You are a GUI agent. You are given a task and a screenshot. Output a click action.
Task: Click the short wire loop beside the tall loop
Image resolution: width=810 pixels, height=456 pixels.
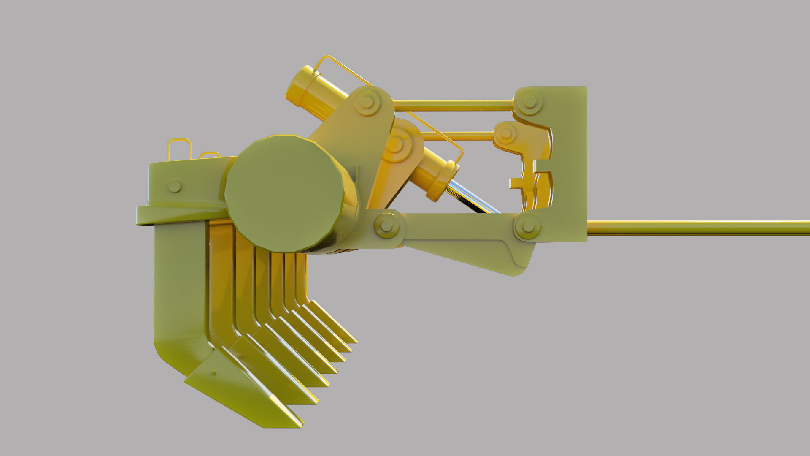[x=210, y=155]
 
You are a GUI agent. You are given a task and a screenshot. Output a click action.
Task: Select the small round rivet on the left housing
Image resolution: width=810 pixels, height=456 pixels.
[x=174, y=186]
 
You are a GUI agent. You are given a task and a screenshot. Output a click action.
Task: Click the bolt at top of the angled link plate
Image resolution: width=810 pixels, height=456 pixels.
[x=367, y=102]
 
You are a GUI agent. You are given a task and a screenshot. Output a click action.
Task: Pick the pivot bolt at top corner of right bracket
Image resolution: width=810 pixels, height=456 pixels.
[x=528, y=102]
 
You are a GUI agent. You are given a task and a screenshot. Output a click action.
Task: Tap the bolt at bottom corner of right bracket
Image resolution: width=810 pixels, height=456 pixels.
[x=527, y=227]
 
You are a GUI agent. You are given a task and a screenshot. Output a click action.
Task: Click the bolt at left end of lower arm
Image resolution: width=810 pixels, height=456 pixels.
[x=386, y=225]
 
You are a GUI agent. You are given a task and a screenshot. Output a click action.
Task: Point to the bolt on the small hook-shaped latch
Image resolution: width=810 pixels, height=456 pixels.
[x=505, y=134]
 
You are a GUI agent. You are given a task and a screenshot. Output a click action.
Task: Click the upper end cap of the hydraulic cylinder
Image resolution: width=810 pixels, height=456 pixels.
[x=300, y=87]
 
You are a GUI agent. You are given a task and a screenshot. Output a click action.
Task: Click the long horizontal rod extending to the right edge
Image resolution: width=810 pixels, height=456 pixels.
[x=696, y=228]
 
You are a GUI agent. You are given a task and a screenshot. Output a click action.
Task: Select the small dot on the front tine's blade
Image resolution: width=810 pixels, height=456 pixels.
[x=213, y=374]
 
